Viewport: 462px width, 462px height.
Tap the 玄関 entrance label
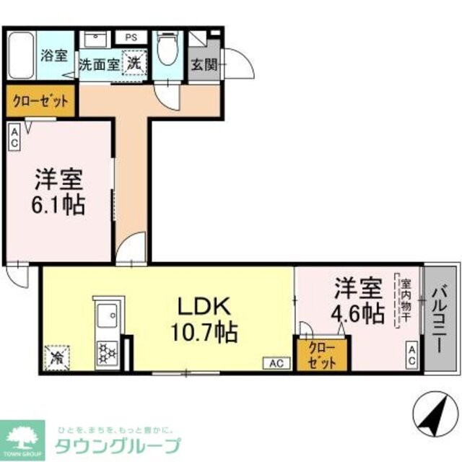click(x=203, y=63)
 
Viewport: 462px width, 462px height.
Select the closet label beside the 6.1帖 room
click(x=40, y=102)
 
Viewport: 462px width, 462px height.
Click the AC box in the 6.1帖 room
click(x=15, y=136)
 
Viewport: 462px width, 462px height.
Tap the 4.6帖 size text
click(x=357, y=313)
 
